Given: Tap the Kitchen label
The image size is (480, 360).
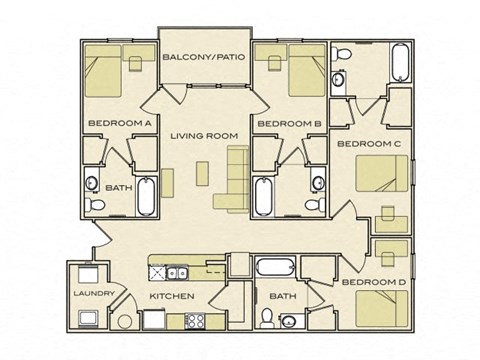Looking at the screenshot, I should point(170,297).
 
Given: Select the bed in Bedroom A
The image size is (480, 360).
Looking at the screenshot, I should point(106,71).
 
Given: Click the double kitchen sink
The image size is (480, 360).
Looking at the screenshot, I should point(173,271).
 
